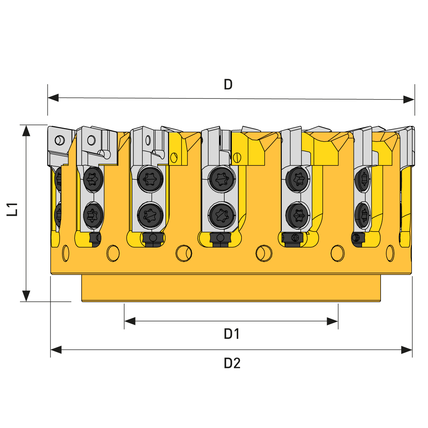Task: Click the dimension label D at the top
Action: click(x=228, y=85)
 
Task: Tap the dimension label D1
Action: click(x=232, y=334)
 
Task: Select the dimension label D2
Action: click(x=232, y=363)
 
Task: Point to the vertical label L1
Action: click(x=12, y=209)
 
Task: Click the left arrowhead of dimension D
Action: click(x=53, y=97)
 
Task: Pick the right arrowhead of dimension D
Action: click(x=409, y=99)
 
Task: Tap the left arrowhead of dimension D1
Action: click(x=130, y=321)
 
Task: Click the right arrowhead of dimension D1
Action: click(x=332, y=321)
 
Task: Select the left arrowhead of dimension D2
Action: click(x=56, y=350)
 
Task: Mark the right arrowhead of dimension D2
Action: click(x=407, y=350)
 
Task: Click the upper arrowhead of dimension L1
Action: click(x=26, y=131)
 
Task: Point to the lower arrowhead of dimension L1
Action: click(x=26, y=296)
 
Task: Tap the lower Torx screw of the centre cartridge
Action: click(x=222, y=215)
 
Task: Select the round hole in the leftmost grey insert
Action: click(x=60, y=140)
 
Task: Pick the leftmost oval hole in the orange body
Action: click(x=66, y=253)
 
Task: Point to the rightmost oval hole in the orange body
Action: click(x=390, y=253)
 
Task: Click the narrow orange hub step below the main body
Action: click(x=231, y=288)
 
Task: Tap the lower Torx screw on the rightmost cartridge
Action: click(x=363, y=215)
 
